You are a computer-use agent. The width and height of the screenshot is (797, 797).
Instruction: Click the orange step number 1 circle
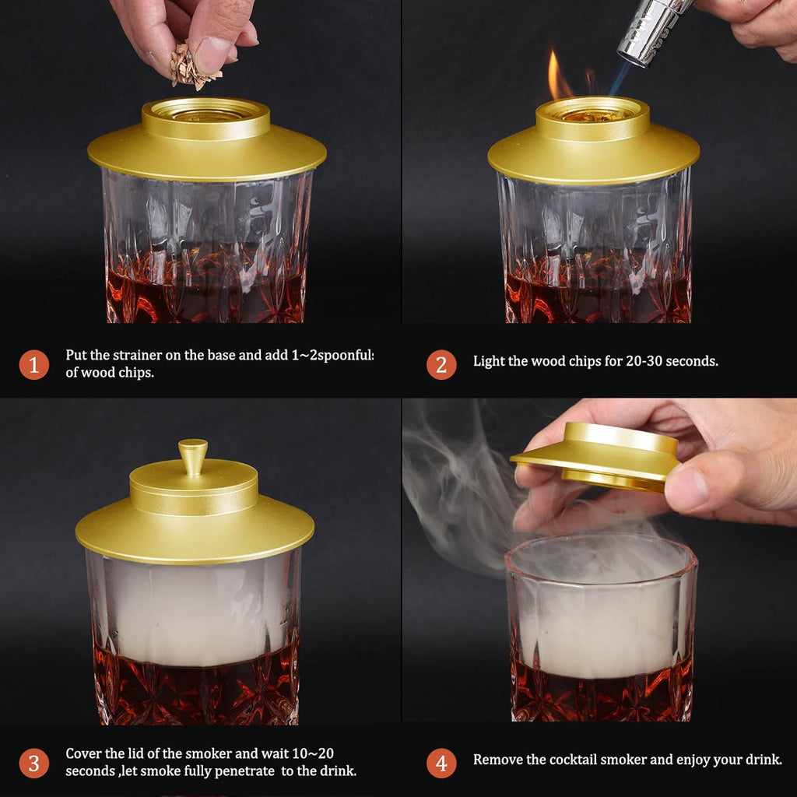pos(33,363)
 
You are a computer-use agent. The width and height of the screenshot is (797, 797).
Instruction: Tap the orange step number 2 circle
pos(441,363)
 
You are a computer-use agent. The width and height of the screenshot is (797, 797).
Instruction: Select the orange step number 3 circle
pos(33,763)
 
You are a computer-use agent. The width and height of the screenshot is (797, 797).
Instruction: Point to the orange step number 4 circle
pos(441,763)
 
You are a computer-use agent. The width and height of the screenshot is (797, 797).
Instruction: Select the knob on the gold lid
pos(192,455)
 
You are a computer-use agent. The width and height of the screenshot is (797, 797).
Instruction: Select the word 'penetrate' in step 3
pos(241,771)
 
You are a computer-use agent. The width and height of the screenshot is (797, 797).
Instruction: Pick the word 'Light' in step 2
pos(488,361)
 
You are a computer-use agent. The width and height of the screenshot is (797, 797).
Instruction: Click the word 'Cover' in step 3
pos(85,753)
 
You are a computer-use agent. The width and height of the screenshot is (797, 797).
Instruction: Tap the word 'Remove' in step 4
pos(498,760)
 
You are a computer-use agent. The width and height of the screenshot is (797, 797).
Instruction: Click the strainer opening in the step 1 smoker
pos(205,114)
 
